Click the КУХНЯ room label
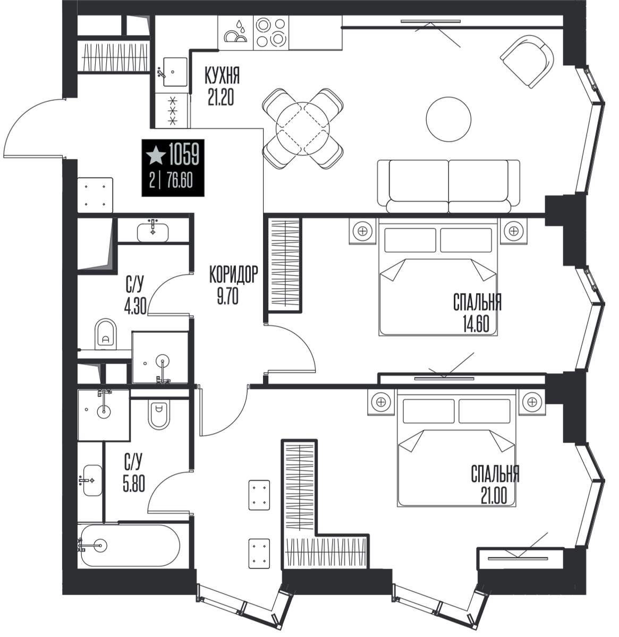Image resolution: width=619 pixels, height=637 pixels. click(222, 75)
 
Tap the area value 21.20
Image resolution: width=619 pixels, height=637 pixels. click(221, 97)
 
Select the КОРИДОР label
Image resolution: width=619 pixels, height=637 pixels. click(233, 274)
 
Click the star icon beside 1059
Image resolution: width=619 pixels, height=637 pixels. click(155, 155)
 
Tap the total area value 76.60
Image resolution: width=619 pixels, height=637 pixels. click(180, 180)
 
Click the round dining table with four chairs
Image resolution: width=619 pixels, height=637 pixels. click(302, 128)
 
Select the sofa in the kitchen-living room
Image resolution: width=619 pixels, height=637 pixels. click(448, 186)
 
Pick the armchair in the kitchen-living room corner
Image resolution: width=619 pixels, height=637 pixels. click(527, 61)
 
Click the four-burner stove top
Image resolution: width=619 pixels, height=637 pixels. click(270, 33)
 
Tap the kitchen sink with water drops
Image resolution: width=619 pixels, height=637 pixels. click(235, 33)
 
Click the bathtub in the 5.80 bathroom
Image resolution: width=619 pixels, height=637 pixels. click(130, 546)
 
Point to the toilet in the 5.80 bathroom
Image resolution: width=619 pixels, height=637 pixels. click(158, 414)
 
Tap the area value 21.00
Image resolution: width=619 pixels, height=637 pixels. click(494, 496)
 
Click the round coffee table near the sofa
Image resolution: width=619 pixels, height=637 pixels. click(448, 119)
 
